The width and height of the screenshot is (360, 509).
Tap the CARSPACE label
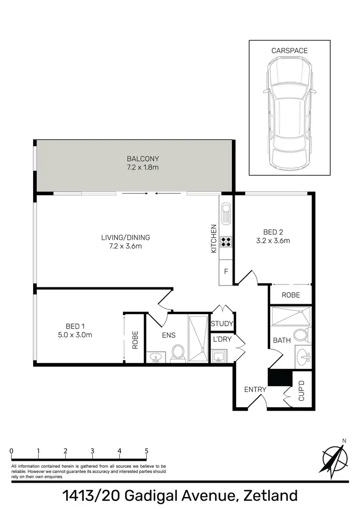(x=289, y=50)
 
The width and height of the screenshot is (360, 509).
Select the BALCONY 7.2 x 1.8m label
(x=143, y=163)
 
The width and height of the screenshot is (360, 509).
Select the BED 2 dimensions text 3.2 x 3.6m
(x=274, y=241)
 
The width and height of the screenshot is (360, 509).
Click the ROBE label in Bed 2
(x=290, y=295)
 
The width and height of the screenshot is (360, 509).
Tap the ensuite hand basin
(x=156, y=357)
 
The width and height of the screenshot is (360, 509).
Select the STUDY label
(x=222, y=324)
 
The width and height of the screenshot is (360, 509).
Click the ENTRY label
(x=254, y=390)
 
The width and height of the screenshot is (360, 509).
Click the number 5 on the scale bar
(x=146, y=451)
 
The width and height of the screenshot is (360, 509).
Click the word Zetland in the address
(x=270, y=496)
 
